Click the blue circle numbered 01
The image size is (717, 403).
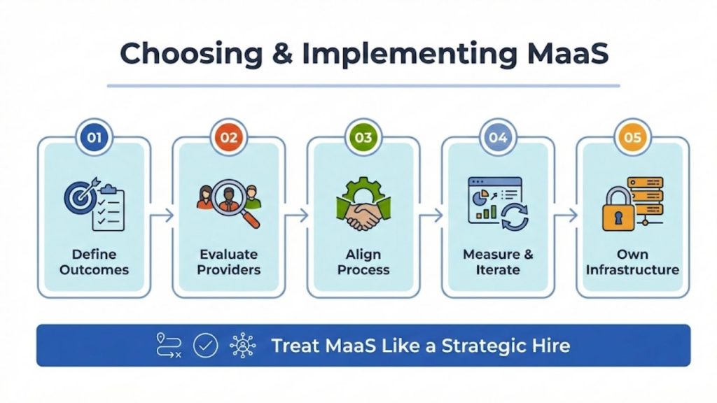pyautogui.click(x=94, y=137)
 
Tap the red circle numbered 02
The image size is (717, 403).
pyautogui.click(x=229, y=137)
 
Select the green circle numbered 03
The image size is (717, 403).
pyautogui.click(x=363, y=137)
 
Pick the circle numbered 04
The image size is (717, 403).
pyautogui.click(x=498, y=137)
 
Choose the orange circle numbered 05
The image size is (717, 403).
pyautogui.click(x=632, y=137)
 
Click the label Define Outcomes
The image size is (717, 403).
pyautogui.click(x=94, y=262)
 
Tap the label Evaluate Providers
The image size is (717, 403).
pyautogui.click(x=229, y=262)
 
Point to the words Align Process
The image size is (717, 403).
pyautogui.click(x=363, y=262)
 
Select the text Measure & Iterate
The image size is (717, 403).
pyautogui.click(x=498, y=262)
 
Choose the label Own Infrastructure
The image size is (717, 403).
pyautogui.click(x=632, y=262)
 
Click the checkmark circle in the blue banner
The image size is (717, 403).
pyautogui.click(x=205, y=345)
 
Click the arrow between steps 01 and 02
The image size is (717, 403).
pyautogui.click(x=162, y=216)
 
